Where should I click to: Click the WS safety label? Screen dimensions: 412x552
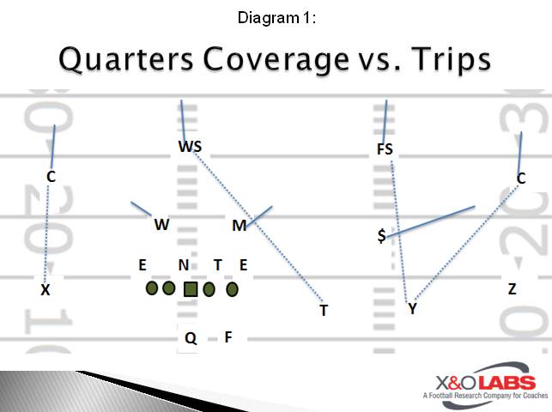click(x=190, y=147)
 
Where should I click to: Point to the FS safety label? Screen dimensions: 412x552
click(x=385, y=149)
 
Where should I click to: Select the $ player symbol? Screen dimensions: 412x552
click(x=381, y=235)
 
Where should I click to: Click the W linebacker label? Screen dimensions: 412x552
click(x=161, y=225)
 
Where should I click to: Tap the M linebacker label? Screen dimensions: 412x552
click(x=240, y=226)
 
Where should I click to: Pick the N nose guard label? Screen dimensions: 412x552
click(x=183, y=265)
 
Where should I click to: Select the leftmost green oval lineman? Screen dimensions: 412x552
click(x=152, y=288)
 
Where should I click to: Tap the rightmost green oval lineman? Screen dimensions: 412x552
click(x=231, y=289)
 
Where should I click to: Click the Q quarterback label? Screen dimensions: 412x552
click(x=191, y=338)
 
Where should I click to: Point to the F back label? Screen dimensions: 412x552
click(x=228, y=337)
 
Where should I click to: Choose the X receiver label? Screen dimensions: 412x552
click(x=45, y=290)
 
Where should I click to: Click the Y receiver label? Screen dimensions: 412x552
click(x=412, y=308)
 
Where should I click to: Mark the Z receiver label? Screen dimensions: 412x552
click(x=512, y=289)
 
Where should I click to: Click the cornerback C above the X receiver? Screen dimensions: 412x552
click(x=52, y=177)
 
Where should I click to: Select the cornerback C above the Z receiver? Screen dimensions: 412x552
click(x=521, y=179)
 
